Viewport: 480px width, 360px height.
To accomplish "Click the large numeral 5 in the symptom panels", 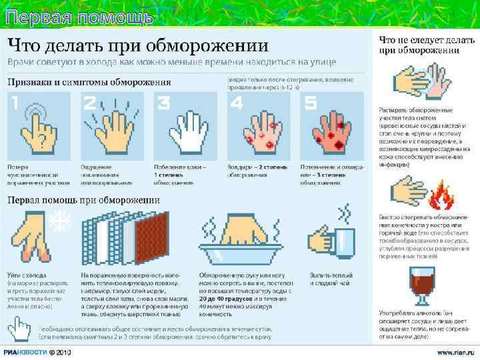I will coord(309,103).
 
